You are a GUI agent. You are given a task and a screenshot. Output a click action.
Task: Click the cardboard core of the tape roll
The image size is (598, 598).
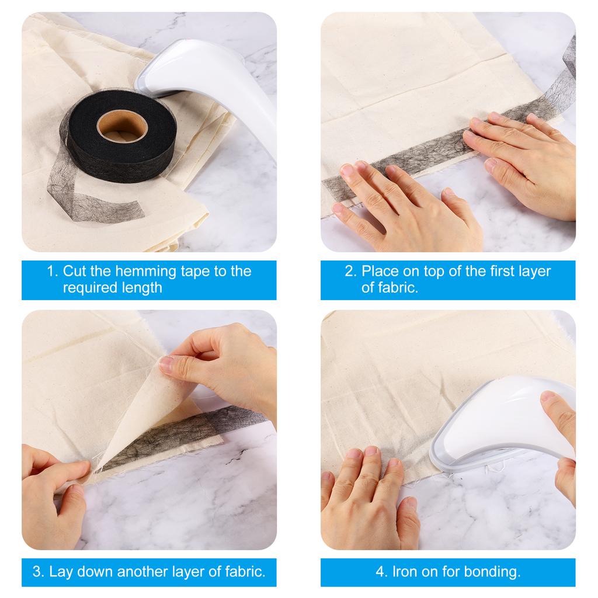coord(122,126)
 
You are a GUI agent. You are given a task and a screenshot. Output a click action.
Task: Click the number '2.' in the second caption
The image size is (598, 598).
coord(350,271)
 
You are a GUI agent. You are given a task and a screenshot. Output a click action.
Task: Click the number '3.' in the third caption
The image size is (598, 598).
coord(39,572)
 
